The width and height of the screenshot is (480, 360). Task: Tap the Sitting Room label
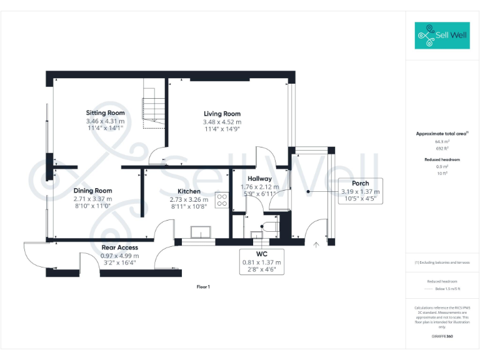click(x=105, y=113)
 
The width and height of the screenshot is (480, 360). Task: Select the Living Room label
click(x=222, y=114)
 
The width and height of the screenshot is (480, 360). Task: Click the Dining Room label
click(x=92, y=191)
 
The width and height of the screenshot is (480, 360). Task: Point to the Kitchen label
click(x=189, y=191)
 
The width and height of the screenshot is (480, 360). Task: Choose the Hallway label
click(x=260, y=179)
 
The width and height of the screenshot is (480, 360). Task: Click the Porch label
click(x=361, y=184)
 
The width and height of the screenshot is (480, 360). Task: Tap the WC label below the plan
click(x=262, y=254)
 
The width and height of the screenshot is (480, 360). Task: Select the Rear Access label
click(x=119, y=248)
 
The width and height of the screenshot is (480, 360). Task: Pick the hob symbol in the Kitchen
click(x=222, y=199)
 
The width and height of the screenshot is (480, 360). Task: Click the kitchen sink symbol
click(x=200, y=232)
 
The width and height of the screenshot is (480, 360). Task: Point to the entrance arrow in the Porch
click(x=317, y=245)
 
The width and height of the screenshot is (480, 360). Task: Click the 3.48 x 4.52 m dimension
click(x=222, y=122)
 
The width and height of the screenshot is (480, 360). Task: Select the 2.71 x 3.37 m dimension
click(x=92, y=199)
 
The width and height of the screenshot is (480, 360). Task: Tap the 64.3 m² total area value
click(x=442, y=142)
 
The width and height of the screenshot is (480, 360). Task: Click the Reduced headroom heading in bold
click(x=442, y=160)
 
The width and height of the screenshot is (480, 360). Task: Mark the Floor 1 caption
click(x=203, y=287)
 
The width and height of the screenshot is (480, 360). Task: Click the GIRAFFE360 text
click(x=442, y=336)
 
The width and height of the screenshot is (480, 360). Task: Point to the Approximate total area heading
click(x=442, y=134)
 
